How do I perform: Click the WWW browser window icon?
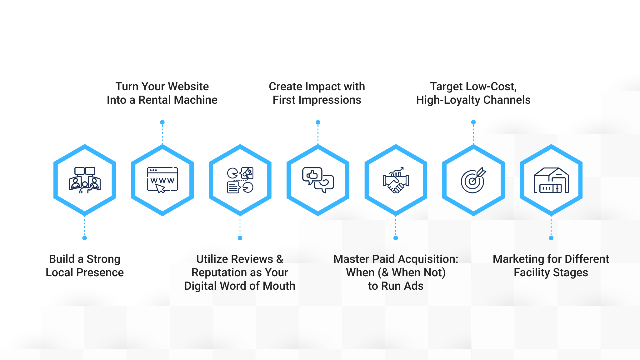(162, 180)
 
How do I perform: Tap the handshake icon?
(396, 180)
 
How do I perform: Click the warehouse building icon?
(551, 180)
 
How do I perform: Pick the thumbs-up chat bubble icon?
(318, 180)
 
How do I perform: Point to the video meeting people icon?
(85, 180)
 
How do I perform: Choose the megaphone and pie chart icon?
(240, 180)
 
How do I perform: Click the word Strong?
(103, 259)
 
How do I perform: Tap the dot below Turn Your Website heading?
(162, 122)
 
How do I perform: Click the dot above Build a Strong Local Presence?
(84, 238)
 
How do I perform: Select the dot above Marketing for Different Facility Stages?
(551, 238)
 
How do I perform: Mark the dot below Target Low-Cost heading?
(473, 122)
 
